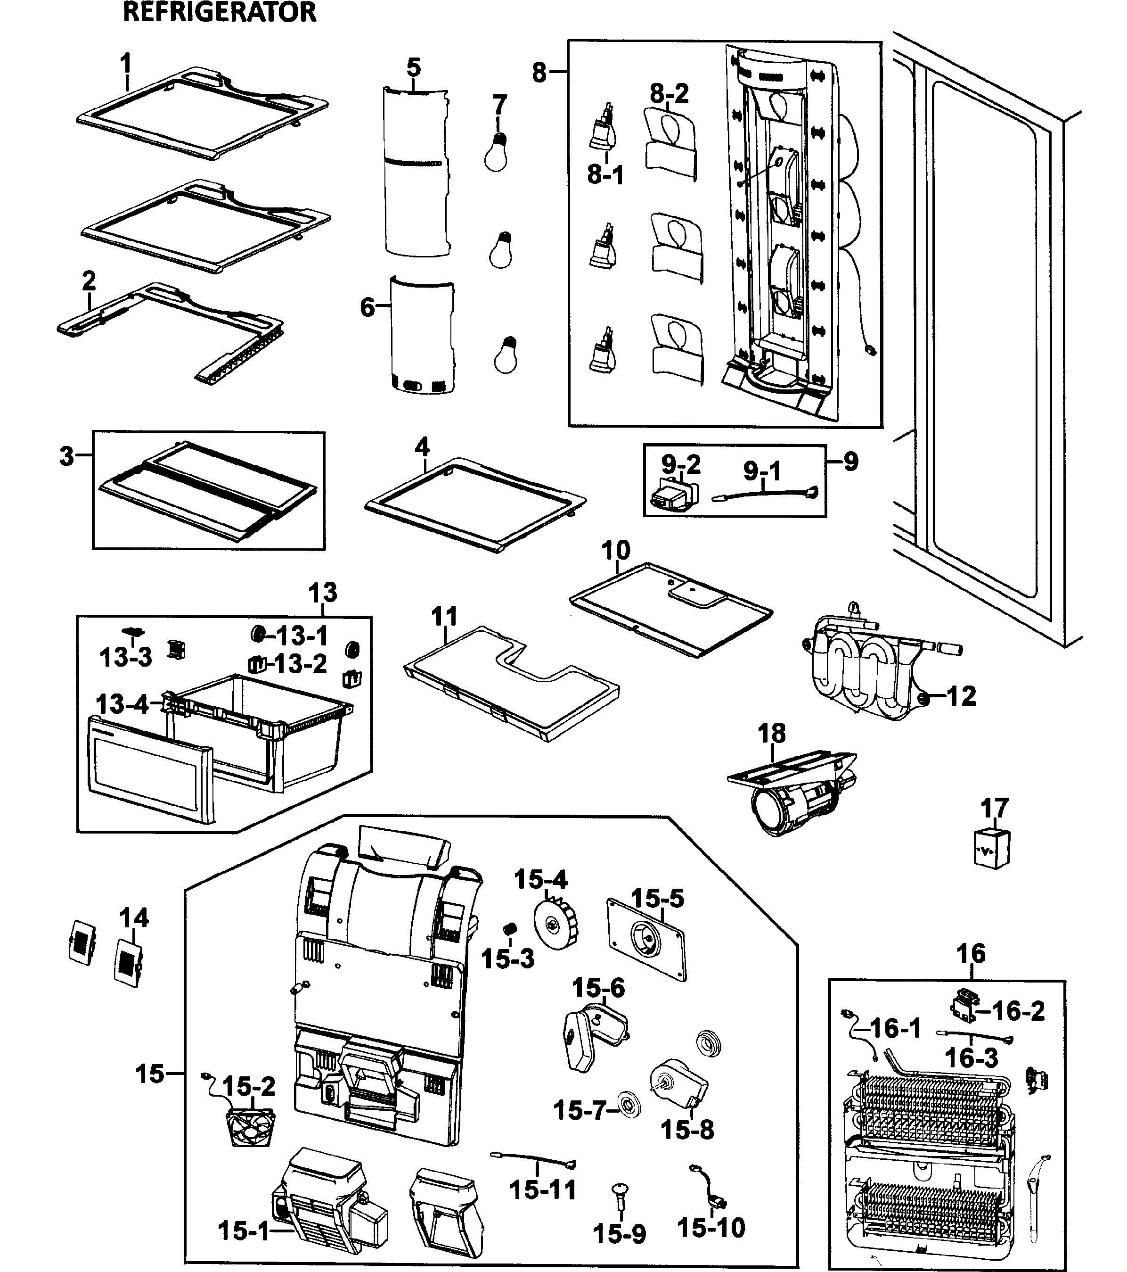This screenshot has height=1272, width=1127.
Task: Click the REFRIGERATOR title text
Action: pyautogui.click(x=220, y=12)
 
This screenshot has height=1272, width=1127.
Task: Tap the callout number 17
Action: pyautogui.click(x=994, y=809)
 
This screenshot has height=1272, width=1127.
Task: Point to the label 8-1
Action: pyautogui.click(x=604, y=175)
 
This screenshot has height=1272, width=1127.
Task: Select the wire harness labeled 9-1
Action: pyautogui.click(x=765, y=494)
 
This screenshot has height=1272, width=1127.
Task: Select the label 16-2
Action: pyautogui.click(x=1018, y=1011)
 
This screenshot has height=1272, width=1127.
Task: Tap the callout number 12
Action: pyautogui.click(x=961, y=696)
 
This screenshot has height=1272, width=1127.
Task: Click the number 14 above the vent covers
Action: pyautogui.click(x=134, y=918)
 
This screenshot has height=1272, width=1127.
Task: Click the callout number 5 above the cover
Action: pyautogui.click(x=414, y=67)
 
